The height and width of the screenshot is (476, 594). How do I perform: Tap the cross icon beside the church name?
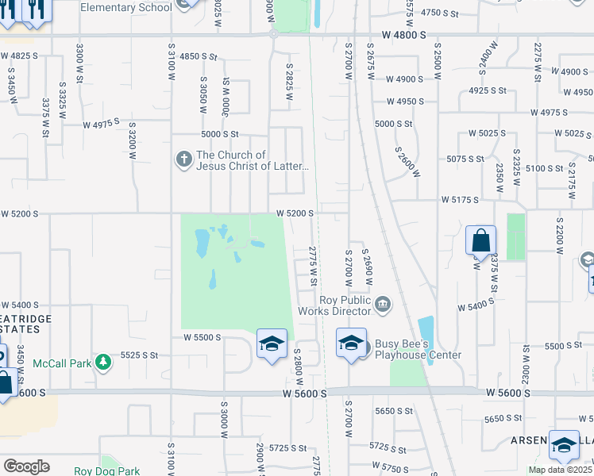(183, 160)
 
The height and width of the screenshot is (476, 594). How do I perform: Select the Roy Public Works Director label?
(345, 305)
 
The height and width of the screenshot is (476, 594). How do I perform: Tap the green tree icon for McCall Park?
(102, 363)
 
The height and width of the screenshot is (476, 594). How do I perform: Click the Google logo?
(26, 466)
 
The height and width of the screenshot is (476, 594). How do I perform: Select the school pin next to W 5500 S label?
(271, 344)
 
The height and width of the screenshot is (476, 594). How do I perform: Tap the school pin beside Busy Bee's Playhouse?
(351, 344)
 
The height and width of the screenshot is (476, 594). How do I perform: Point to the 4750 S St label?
(441, 13)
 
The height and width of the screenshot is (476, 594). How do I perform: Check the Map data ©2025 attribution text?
(561, 470)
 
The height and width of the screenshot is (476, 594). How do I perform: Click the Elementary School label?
(126, 8)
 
